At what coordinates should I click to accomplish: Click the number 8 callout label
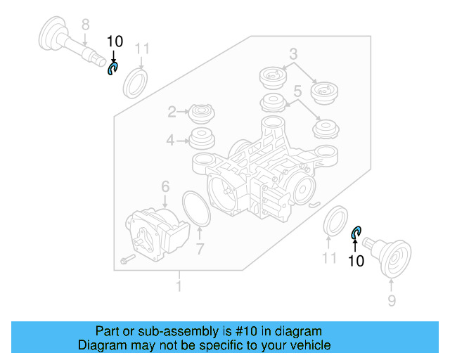[x=85, y=25]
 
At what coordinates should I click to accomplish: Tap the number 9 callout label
[x=392, y=301]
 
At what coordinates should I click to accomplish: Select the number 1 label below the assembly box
[x=179, y=287]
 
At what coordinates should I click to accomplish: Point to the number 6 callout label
[x=165, y=186]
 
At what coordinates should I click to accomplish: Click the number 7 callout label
[x=200, y=248]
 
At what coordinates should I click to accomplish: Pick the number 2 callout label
[x=171, y=111]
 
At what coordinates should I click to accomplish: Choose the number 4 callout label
[x=170, y=141]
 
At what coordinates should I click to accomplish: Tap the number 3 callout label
[x=293, y=53]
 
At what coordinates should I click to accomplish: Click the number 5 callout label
[x=297, y=91]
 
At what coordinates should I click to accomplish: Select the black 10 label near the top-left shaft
[x=114, y=41]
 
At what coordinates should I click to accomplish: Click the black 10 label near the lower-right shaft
[x=356, y=261]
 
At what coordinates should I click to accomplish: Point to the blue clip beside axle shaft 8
[x=112, y=68]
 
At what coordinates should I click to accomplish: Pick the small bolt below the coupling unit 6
[x=127, y=260]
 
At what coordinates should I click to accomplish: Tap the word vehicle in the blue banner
[x=308, y=345]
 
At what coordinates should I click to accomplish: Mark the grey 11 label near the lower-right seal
[x=330, y=259]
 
